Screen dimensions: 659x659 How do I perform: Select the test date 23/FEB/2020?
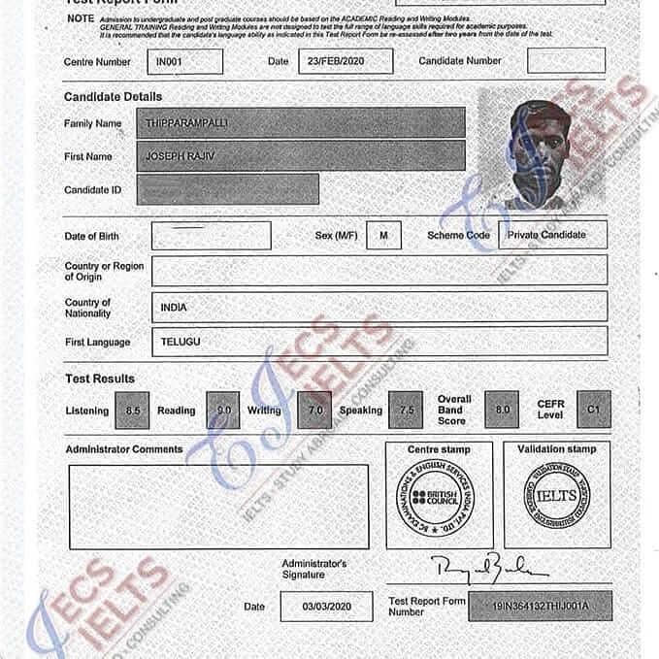click(345, 61)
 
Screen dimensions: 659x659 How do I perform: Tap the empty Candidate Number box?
click(566, 60)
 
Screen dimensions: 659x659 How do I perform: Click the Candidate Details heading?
click(113, 97)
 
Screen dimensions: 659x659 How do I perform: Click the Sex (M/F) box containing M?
click(384, 235)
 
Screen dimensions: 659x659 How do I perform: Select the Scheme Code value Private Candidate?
click(552, 235)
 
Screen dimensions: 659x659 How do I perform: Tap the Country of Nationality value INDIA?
click(379, 307)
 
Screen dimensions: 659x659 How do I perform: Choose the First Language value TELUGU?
click(379, 342)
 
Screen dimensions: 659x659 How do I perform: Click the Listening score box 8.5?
click(132, 411)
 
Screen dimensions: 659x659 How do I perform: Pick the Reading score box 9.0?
click(222, 411)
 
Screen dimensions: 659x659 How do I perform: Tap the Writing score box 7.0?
click(313, 411)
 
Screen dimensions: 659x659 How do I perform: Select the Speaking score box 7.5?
click(407, 411)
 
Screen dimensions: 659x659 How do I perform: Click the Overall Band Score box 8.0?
click(502, 410)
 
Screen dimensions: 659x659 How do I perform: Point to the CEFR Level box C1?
click(593, 410)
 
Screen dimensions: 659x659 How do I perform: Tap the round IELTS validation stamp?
click(556, 498)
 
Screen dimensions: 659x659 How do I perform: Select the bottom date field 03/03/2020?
click(326, 607)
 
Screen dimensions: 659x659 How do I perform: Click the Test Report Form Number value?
click(540, 606)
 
